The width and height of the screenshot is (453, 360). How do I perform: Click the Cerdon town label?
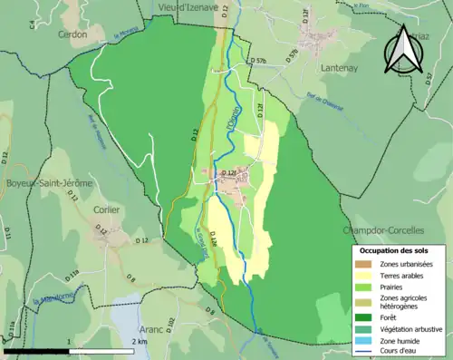pyautogui.click(x=72, y=34)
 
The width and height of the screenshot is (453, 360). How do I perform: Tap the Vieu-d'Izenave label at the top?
pyautogui.click(x=188, y=6)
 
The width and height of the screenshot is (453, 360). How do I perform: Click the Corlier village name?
pyautogui.click(x=107, y=208)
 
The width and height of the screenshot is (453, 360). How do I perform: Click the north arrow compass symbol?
pyautogui.click(x=401, y=49)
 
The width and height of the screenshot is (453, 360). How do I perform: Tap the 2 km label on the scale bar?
pyautogui.click(x=140, y=341)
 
